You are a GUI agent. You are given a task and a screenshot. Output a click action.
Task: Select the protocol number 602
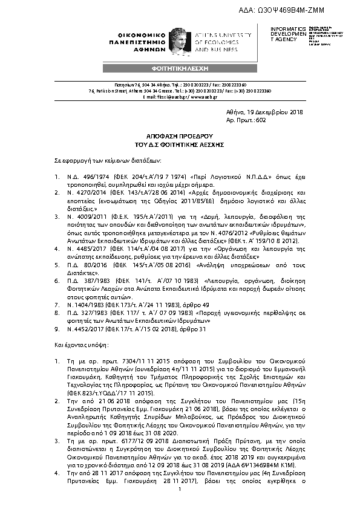[x=261, y=120]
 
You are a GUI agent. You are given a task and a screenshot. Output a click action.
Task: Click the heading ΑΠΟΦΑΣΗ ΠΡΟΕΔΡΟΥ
[x=180, y=137]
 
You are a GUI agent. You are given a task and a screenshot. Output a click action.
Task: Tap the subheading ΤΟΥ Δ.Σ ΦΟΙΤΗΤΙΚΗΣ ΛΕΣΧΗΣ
[x=180, y=146]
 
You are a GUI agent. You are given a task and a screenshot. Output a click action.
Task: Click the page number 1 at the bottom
[x=180, y=497]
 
